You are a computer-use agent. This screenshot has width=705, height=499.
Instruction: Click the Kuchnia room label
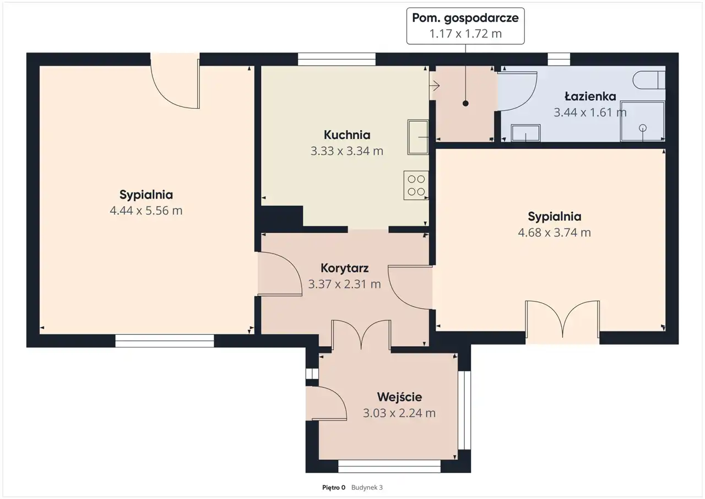[x=347, y=135]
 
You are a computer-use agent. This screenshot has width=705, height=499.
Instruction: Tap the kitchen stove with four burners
[x=416, y=185]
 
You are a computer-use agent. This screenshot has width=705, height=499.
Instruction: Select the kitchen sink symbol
[x=418, y=137]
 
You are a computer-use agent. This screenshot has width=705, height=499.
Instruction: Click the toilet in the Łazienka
[x=649, y=80]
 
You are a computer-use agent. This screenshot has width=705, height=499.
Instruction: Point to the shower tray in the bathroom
[x=642, y=121]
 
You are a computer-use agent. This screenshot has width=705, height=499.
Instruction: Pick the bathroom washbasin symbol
[x=525, y=133]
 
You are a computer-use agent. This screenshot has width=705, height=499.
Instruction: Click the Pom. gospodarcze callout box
[x=465, y=26]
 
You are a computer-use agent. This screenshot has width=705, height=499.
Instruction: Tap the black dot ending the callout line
[x=465, y=103]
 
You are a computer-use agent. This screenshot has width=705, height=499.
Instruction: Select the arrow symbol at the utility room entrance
[x=435, y=85]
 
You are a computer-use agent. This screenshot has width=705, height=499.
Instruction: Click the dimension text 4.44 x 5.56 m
[x=146, y=211]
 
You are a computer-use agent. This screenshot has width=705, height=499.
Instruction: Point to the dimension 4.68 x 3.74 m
[x=554, y=233]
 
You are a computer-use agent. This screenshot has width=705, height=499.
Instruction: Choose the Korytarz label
[x=345, y=268]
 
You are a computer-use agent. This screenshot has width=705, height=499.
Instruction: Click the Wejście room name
[x=399, y=396]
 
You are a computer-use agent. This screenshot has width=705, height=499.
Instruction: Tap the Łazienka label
[x=590, y=96]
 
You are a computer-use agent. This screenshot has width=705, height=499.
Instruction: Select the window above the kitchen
[x=337, y=59]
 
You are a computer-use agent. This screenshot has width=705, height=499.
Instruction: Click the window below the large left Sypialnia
[x=165, y=341]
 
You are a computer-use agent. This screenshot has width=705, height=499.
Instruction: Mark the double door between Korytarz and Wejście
[x=361, y=334]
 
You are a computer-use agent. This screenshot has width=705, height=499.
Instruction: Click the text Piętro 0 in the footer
[x=334, y=487]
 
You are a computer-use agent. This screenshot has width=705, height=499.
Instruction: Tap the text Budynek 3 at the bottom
[x=367, y=487]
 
